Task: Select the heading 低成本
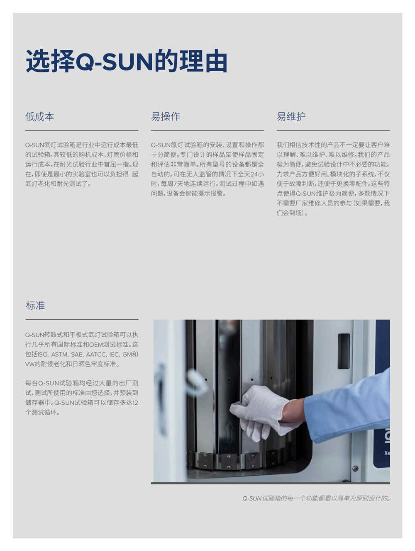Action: click(39, 117)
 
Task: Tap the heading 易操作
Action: click(165, 117)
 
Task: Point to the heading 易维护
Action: click(291, 117)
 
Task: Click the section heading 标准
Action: click(35, 306)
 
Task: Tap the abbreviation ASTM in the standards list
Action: click(59, 355)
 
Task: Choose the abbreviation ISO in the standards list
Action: click(43, 355)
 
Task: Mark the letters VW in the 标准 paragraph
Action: click(30, 364)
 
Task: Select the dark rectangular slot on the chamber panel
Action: click(344, 351)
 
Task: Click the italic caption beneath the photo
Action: click(316, 498)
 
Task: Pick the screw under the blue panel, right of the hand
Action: click(355, 469)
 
